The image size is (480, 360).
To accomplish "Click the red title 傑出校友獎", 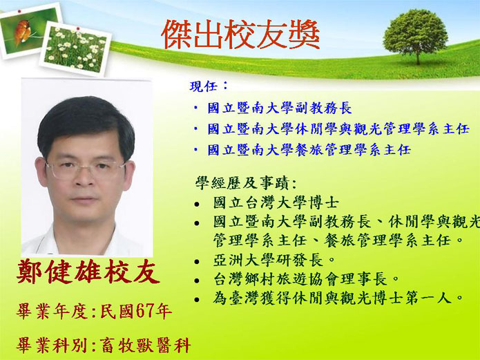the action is (x=240, y=35).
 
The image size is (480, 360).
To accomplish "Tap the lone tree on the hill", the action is (x=415, y=36).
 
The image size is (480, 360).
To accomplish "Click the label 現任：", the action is (x=209, y=86).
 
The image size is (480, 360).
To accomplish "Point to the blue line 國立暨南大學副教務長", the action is (x=280, y=108).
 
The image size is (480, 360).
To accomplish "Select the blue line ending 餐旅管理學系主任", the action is (x=309, y=150).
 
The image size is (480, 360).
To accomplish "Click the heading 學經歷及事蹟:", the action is (x=246, y=183).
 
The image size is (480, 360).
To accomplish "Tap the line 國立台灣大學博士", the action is (x=276, y=202).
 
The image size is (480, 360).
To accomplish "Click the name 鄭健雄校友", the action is (x=88, y=272).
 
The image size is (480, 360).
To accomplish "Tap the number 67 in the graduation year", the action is (x=144, y=312).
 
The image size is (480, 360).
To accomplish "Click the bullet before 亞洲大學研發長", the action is (x=197, y=262).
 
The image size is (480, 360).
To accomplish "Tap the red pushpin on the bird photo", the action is (x=19, y=11).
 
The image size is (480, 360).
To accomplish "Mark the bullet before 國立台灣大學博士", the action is (x=197, y=204).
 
